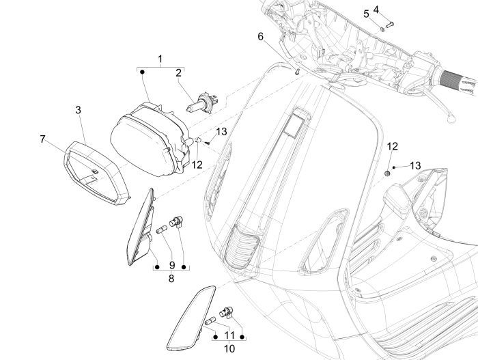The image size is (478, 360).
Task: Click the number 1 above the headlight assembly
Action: pos(160,59)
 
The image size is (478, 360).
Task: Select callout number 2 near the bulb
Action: pos(178,73)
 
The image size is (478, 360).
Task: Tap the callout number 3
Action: pos(79,109)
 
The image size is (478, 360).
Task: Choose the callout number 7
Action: pos(43,139)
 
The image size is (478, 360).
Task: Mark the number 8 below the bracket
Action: pos(171,279)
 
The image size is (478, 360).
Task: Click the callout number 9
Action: pos(171,265)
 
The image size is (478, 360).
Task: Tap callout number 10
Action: pos(230,349)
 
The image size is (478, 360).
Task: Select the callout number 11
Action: pos(230,335)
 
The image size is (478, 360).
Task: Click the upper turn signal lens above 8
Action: pos(141,228)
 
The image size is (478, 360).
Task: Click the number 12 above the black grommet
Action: pos(392,146)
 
